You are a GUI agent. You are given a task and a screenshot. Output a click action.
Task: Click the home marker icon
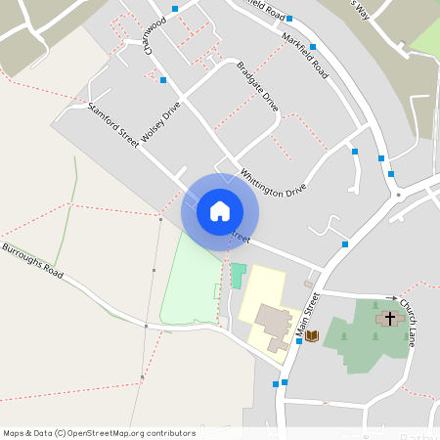pos(220,210)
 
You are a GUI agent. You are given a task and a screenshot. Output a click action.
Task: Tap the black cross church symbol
pos(389,319)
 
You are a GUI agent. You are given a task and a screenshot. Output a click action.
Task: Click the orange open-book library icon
pos(312,336)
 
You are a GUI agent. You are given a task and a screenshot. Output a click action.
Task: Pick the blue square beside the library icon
pos(298,341)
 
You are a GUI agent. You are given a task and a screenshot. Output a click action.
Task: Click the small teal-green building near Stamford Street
pos(239,275)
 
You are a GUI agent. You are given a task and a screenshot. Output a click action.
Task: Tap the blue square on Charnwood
pos(163,80)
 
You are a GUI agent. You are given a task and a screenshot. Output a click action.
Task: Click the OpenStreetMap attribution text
pos(99,433)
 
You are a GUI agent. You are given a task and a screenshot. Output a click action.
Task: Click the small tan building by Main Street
pos(308,285)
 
